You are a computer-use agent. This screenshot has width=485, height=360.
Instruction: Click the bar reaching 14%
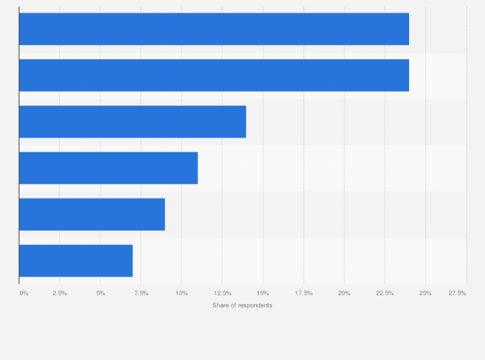[x=133, y=122]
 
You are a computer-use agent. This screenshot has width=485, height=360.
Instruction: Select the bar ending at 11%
[x=108, y=168]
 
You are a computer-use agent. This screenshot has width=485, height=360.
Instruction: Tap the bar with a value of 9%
[x=92, y=214]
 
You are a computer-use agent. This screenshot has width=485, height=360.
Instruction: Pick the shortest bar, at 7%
[x=76, y=260]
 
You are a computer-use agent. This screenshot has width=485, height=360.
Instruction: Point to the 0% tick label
[x=24, y=293]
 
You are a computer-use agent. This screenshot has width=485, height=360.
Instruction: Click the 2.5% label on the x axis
[x=59, y=293]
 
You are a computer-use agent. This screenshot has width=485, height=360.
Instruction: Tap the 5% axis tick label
[x=101, y=293]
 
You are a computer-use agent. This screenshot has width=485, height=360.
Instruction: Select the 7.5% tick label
[x=141, y=293]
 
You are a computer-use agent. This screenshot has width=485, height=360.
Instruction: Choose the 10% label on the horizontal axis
[x=182, y=293]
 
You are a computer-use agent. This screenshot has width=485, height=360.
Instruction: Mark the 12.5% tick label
[x=222, y=293]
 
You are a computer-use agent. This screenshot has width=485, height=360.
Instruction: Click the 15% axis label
[x=263, y=293]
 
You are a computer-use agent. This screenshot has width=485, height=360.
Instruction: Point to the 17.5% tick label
[x=304, y=293]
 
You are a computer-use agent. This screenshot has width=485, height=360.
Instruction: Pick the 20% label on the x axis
[x=345, y=293]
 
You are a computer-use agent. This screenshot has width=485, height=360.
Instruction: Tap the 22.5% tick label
[x=385, y=293]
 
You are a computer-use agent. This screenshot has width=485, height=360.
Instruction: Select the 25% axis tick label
[x=426, y=293]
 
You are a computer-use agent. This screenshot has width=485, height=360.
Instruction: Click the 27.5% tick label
[x=457, y=293]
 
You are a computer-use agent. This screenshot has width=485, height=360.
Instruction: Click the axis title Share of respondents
[x=242, y=305]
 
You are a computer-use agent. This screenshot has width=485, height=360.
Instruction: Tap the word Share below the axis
[x=221, y=305]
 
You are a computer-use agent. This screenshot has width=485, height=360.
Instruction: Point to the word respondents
[x=255, y=305]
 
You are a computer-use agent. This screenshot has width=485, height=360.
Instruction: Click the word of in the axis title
[x=234, y=305]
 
